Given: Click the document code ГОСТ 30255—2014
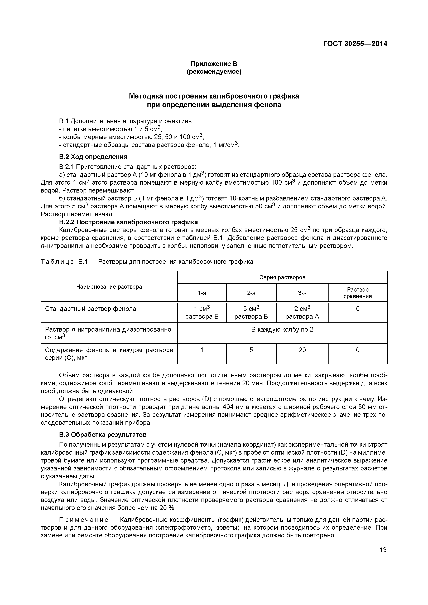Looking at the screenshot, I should click(x=355, y=44).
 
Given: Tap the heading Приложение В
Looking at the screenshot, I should click(x=214, y=64).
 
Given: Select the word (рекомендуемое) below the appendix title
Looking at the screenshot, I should click(x=214, y=72).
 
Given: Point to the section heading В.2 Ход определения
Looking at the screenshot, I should click(x=93, y=157).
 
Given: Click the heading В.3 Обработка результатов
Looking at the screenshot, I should click(x=103, y=434).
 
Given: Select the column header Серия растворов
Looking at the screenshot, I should click(x=282, y=277).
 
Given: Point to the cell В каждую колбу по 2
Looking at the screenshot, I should click(x=282, y=329).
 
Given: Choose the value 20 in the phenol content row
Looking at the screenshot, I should click(x=302, y=350).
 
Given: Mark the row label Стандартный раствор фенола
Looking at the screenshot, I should click(x=90, y=309).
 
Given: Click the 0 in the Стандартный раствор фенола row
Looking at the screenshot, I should click(x=357, y=309).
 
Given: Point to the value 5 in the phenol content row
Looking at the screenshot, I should click(x=251, y=350).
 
